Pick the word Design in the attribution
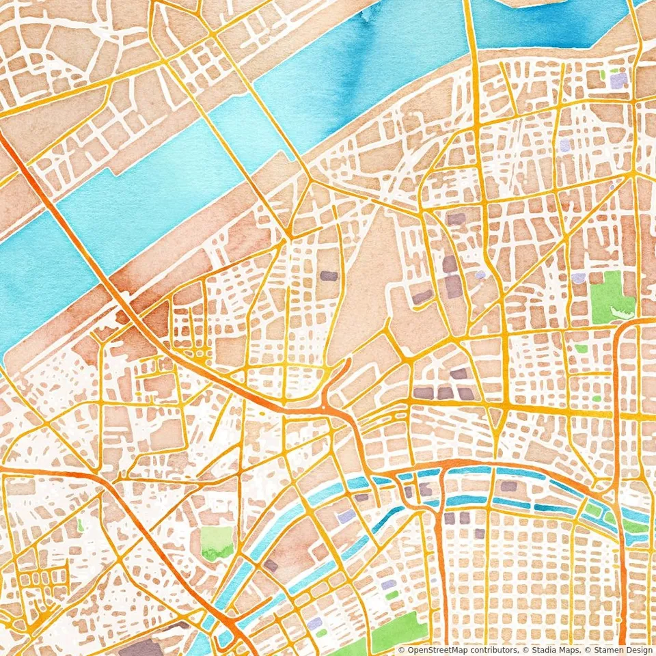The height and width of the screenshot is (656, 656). (x=637, y=650)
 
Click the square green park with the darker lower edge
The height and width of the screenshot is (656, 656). (x=217, y=542)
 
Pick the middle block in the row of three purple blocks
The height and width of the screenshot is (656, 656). (x=445, y=393)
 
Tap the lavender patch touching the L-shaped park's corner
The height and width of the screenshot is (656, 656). (x=579, y=278)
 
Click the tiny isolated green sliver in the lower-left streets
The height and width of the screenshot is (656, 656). (x=80, y=525)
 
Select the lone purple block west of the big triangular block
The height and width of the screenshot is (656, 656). (x=329, y=276)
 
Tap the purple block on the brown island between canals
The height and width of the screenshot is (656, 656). (x=271, y=565)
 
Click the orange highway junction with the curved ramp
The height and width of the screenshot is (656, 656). (x=328, y=403)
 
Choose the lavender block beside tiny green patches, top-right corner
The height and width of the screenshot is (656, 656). (x=618, y=81)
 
